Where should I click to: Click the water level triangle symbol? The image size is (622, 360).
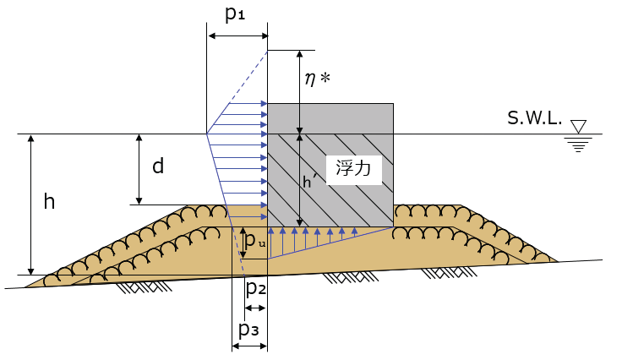click(579, 126)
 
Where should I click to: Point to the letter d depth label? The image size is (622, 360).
click(158, 166)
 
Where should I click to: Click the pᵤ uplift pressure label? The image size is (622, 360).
click(257, 242)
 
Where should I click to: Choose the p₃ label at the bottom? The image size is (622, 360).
click(248, 329)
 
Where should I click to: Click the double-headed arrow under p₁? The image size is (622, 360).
click(237, 35)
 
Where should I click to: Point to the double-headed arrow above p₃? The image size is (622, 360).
click(249, 346)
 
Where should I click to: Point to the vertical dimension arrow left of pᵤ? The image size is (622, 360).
click(243, 243)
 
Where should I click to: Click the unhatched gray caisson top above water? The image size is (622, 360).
click(330, 118)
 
